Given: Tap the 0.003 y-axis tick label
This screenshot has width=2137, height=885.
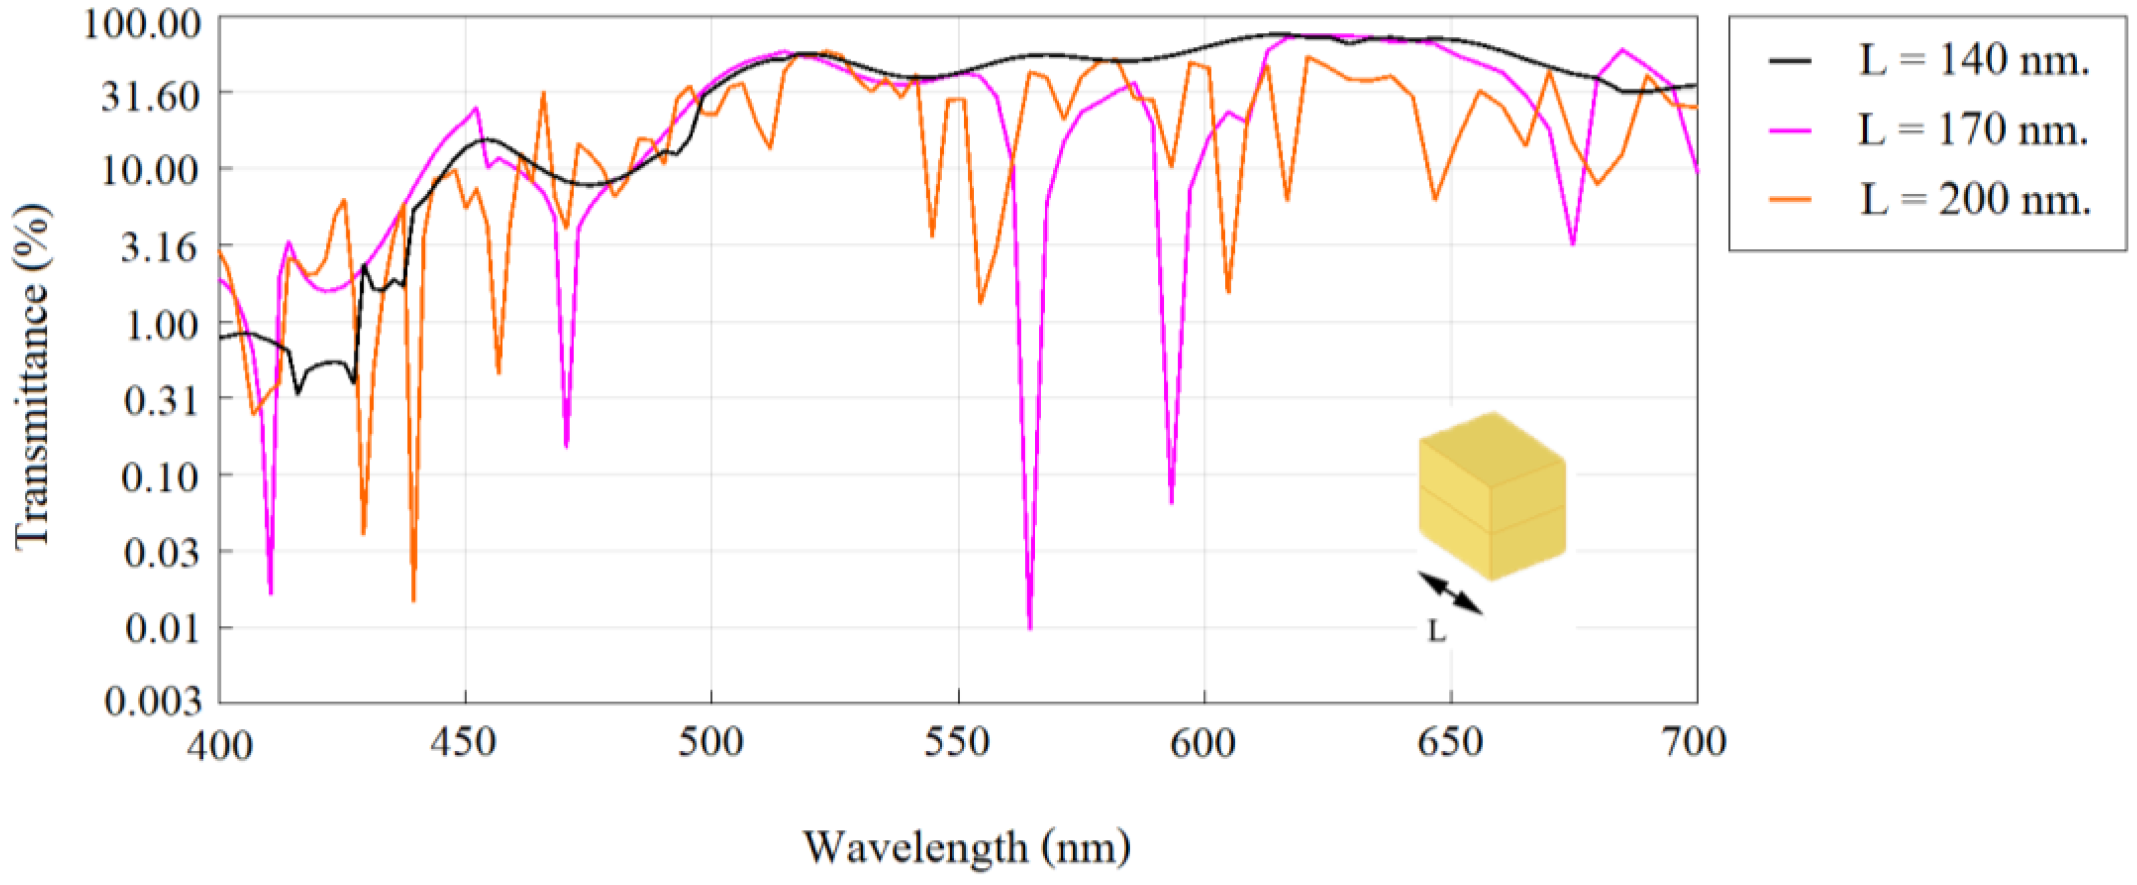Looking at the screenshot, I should pyautogui.click(x=141, y=702).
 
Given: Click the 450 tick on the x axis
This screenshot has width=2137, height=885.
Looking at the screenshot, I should pyautogui.click(x=464, y=741).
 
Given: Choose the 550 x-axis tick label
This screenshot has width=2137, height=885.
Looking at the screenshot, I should pyautogui.click(x=957, y=741).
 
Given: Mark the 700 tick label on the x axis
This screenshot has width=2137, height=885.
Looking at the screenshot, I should pyautogui.click(x=1696, y=741).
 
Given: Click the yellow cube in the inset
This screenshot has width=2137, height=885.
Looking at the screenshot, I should pyautogui.click(x=1492, y=496).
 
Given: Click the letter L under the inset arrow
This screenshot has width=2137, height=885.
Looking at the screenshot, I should pyautogui.click(x=1437, y=632).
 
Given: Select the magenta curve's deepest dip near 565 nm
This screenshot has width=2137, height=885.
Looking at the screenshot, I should pyautogui.click(x=1029, y=627).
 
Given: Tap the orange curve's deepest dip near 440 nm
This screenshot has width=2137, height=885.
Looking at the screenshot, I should pyautogui.click(x=413, y=599).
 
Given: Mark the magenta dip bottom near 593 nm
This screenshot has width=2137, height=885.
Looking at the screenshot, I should pyautogui.click(x=1171, y=502).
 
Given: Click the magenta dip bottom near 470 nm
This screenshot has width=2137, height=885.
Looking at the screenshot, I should pyautogui.click(x=566, y=445).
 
